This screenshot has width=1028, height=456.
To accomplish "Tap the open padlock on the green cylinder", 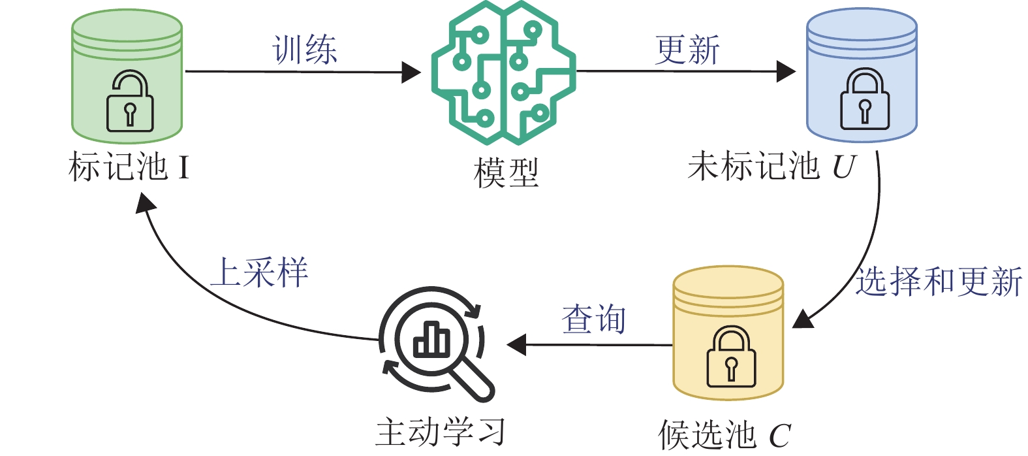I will [x=130, y=101].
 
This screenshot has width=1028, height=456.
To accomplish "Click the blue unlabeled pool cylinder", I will [x=862, y=75].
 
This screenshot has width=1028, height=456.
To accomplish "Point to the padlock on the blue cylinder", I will [x=864, y=100].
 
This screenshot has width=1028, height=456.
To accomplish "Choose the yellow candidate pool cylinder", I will [x=728, y=333].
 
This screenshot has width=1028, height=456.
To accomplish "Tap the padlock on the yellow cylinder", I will [x=731, y=357].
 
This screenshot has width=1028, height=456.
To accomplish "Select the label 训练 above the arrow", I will [x=305, y=50].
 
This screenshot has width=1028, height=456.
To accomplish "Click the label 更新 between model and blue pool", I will [x=687, y=50].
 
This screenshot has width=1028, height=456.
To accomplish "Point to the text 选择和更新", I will [x=939, y=282].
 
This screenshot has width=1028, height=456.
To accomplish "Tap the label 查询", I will [x=593, y=319].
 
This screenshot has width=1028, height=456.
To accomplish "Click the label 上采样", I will [x=259, y=272].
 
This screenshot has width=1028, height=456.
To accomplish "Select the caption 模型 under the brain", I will [x=506, y=173].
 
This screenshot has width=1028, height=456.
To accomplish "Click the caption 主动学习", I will [x=441, y=432].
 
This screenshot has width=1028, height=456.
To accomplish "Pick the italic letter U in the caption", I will [x=843, y=167].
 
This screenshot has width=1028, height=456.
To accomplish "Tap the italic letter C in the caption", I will [x=779, y=435].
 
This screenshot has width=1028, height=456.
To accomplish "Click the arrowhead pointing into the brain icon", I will [x=411, y=72].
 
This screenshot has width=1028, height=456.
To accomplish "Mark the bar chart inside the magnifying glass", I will [x=431, y=340].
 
